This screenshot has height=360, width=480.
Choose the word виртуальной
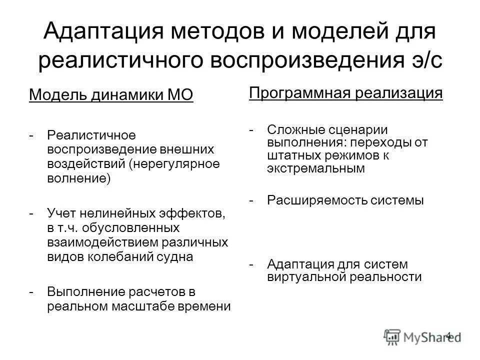point(303,276)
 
